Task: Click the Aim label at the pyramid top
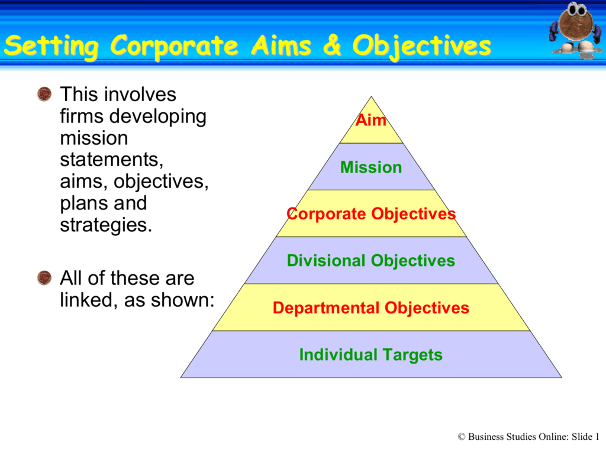[371, 121]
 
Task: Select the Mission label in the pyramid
[371, 167]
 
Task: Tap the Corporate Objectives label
[371, 214]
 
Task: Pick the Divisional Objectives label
[371, 261]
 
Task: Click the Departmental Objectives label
[371, 308]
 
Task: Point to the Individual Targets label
[371, 355]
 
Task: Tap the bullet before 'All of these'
[44, 278]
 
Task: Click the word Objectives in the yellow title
[421, 46]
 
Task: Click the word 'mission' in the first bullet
[94, 138]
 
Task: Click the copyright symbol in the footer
[462, 437]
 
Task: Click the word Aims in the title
[278, 46]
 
